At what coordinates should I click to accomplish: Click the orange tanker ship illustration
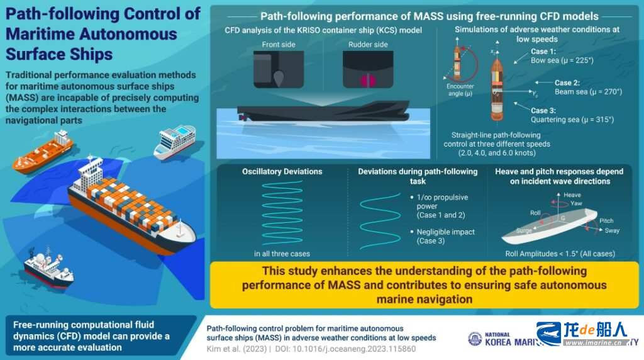[42, 152]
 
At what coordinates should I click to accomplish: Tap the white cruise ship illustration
[175, 140]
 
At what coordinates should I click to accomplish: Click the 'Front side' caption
[279, 44]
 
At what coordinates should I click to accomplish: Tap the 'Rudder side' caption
[367, 44]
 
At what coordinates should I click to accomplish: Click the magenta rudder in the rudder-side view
[367, 80]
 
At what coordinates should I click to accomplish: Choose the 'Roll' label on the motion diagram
[535, 213]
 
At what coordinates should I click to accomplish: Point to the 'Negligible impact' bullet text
[446, 232]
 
